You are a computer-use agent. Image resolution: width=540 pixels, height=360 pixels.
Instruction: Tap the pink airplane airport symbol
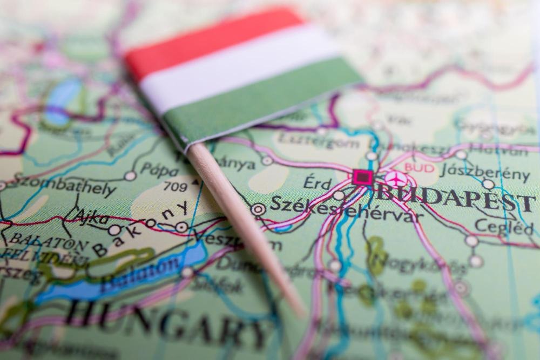point(396,179)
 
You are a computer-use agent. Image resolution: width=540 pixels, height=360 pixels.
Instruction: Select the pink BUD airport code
point(419,167)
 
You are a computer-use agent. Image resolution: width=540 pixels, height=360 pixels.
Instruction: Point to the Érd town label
point(318,182)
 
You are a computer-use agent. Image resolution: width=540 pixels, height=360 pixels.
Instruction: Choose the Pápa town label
point(159,169)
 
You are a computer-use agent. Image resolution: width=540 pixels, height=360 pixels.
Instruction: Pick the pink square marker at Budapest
point(362,177)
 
